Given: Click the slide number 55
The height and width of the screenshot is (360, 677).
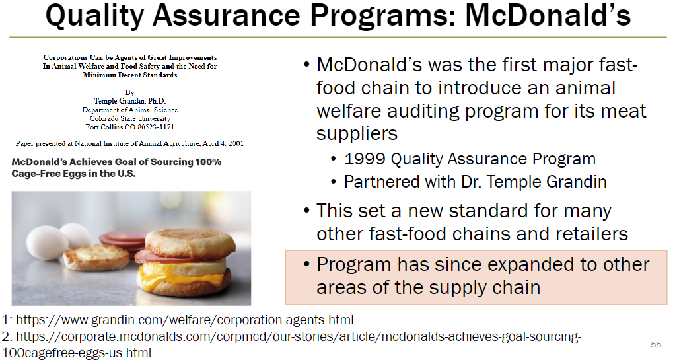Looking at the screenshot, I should [656, 345].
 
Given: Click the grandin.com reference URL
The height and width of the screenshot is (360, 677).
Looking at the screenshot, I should [185, 320].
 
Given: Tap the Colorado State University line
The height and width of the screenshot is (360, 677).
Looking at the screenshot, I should [130, 118].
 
